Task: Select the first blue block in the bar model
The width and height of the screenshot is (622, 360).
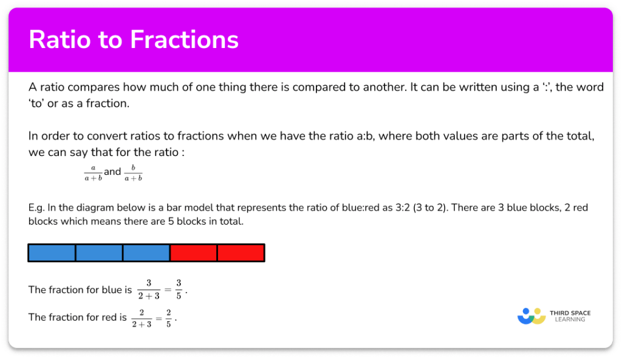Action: [52, 253]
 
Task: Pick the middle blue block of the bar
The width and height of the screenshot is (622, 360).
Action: [99, 253]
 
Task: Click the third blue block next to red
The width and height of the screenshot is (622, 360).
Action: [146, 253]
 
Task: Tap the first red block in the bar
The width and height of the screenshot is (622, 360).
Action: [193, 253]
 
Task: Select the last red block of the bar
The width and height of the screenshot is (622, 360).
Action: [241, 253]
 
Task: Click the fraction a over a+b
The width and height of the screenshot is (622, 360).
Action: [94, 172]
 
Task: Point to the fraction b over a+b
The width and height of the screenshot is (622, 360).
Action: [132, 172]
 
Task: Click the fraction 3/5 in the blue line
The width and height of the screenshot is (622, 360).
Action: [179, 290]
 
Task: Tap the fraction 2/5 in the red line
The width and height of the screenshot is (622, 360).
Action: [168, 318]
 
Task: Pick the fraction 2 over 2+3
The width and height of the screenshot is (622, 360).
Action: [141, 318]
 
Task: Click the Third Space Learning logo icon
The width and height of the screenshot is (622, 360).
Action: [531, 316]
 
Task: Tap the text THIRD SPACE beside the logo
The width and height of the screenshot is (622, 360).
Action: [570, 313]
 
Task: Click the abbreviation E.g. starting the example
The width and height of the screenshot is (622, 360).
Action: [36, 208]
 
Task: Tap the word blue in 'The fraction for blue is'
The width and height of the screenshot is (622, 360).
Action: [112, 290]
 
